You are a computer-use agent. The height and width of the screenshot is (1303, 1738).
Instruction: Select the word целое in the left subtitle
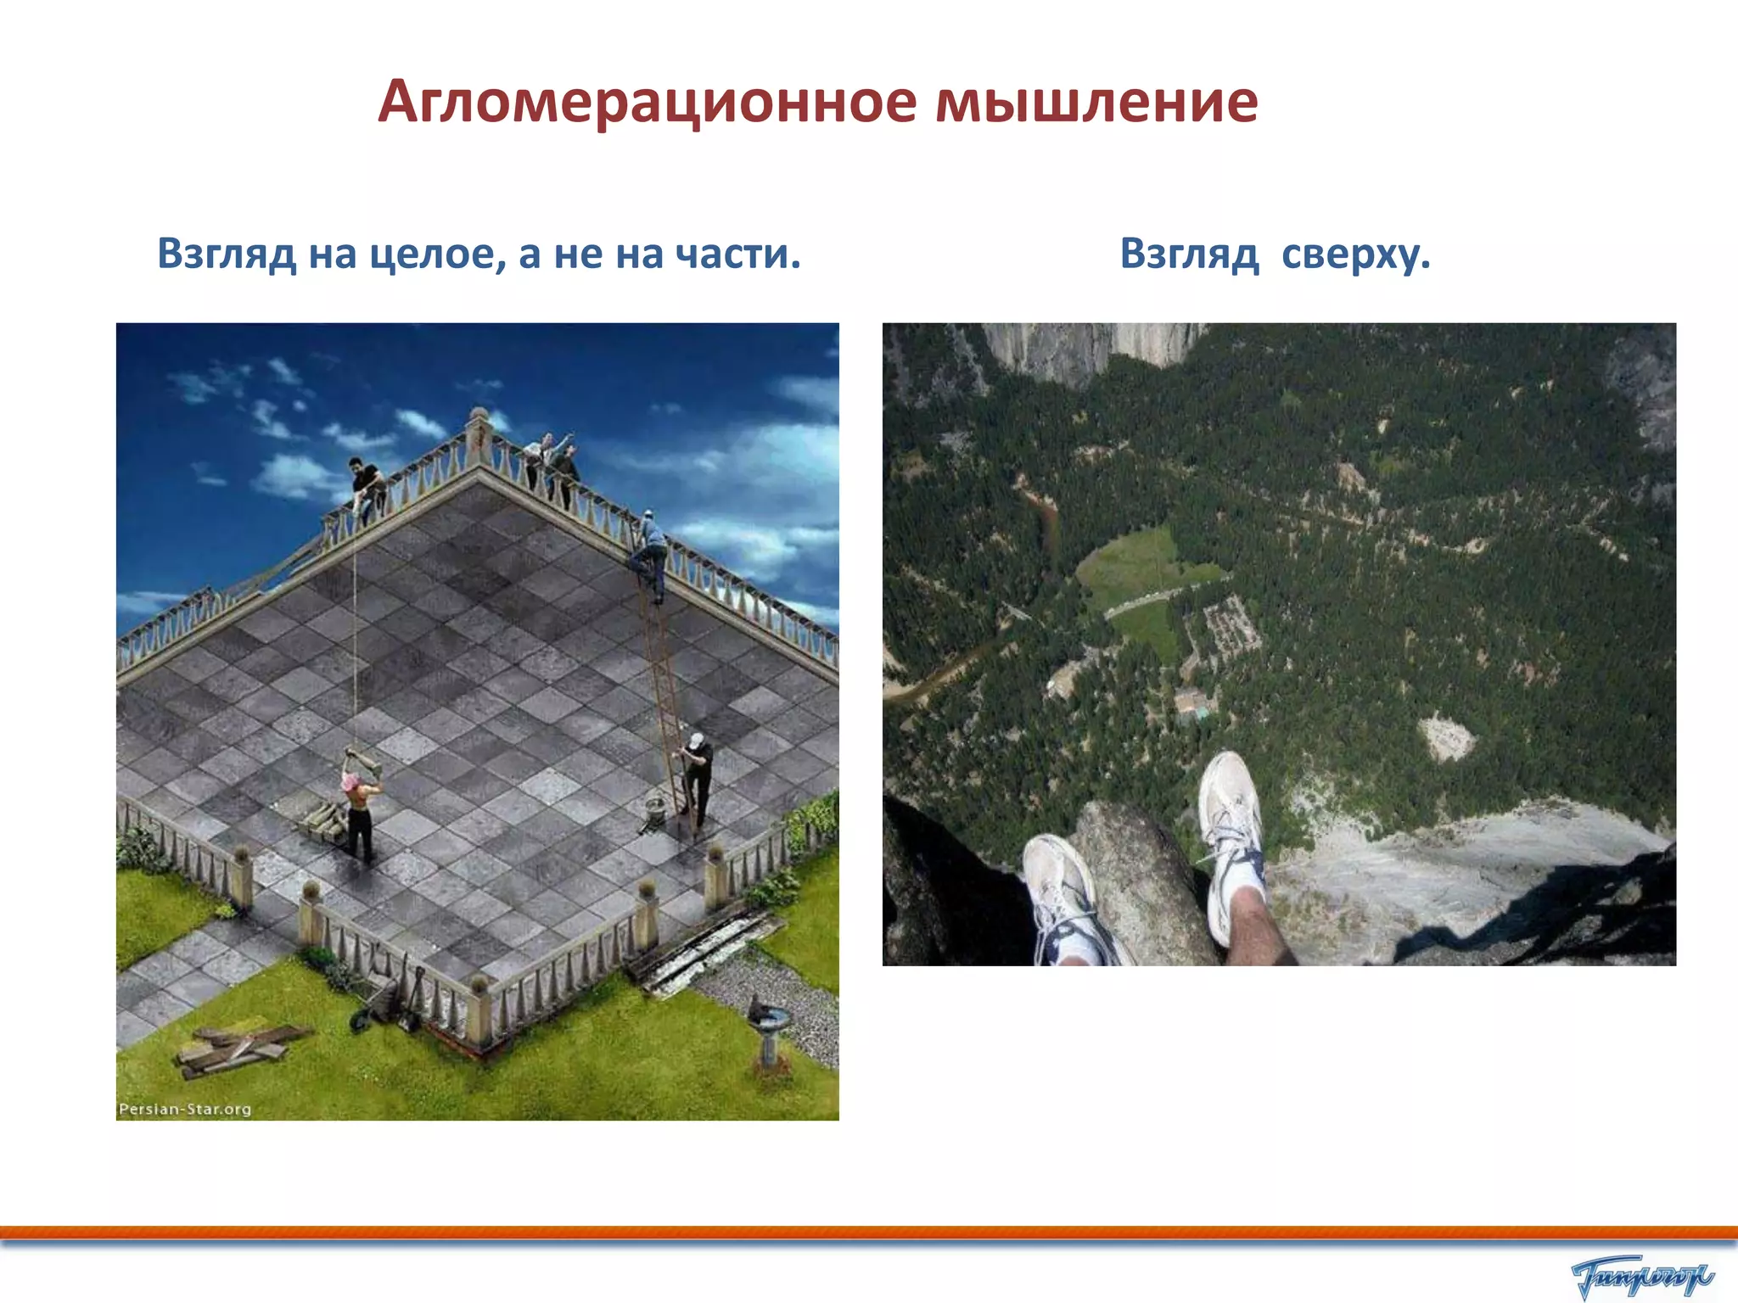click(433, 254)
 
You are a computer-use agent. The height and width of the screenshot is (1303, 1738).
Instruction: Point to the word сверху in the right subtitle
click(1354, 254)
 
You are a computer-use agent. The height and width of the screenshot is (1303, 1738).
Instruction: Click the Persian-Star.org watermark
click(185, 1109)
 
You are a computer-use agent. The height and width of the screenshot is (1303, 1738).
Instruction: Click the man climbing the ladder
click(650, 551)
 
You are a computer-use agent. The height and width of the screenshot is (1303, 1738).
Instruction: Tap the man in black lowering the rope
click(367, 488)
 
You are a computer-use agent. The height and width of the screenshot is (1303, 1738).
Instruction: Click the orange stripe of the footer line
click(869, 1232)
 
